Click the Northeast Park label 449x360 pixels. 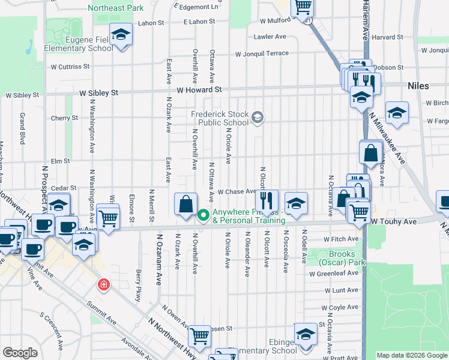pyautogui.click(x=116, y=8)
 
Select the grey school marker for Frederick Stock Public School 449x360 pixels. pyautogui.click(x=258, y=117)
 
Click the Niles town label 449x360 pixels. pyautogui.click(x=418, y=86)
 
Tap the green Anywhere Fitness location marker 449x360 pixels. pyautogui.click(x=203, y=214)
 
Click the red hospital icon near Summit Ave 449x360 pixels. pyautogui.click(x=104, y=283)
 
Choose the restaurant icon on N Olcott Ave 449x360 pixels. pyautogui.click(x=267, y=200)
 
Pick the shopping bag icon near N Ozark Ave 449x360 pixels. pyautogui.click(x=186, y=203)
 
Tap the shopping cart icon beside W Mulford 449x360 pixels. pyautogui.click(x=303, y=7)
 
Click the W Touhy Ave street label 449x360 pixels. pyautogui.click(x=393, y=221)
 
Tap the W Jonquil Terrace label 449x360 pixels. pyautogui.click(x=262, y=53)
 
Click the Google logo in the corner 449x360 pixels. pyautogui.click(x=20, y=353)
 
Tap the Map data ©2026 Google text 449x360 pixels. pyautogui.click(x=412, y=355)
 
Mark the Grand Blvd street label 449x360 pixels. pyautogui.click(x=22, y=128)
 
